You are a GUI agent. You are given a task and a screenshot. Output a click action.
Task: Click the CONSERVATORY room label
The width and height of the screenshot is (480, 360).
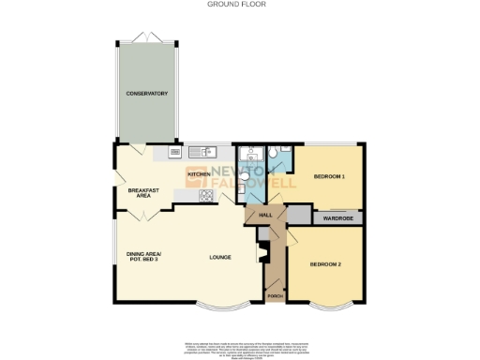(x=147, y=94)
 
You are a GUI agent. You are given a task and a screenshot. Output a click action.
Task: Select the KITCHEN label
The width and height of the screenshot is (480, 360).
(x=198, y=174)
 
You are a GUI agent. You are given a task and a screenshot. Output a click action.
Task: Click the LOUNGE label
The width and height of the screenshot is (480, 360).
(x=220, y=256)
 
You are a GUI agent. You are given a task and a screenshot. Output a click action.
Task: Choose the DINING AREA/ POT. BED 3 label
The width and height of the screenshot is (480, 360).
(x=144, y=256)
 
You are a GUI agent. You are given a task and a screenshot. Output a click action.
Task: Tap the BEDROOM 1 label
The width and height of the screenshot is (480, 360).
(x=329, y=176)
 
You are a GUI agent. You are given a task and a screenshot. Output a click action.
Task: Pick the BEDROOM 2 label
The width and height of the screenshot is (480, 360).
(x=326, y=263)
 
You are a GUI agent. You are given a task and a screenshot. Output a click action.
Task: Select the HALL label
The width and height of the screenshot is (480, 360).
(x=265, y=215)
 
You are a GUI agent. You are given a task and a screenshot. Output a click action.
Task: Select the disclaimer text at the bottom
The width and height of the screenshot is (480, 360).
(x=239, y=347)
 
